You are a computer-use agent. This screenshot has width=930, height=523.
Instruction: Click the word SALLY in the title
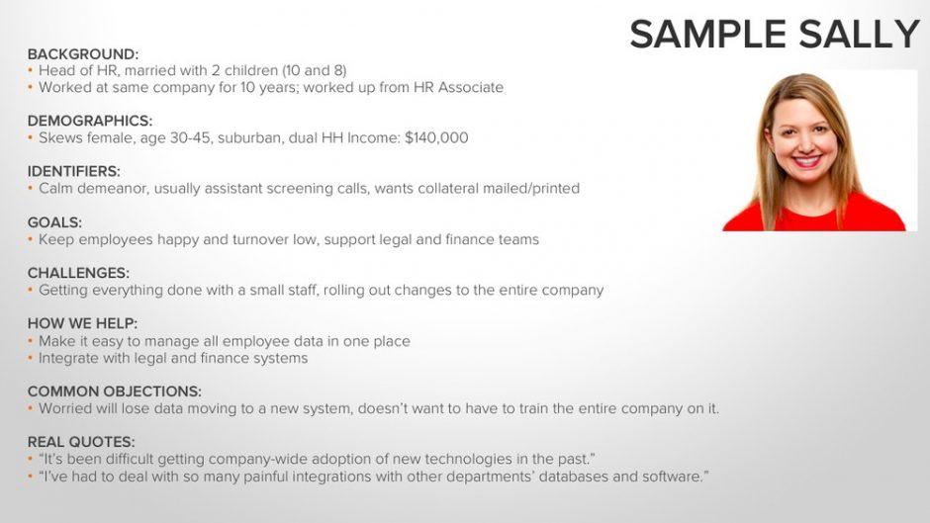coord(859,34)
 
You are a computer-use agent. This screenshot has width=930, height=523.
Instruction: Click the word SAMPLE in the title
coord(710,34)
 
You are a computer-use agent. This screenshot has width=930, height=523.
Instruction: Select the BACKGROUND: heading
coord(83,54)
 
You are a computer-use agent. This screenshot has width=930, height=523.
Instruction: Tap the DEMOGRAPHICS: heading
coord(90,121)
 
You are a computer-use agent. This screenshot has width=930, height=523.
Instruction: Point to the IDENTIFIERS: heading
coord(73,171)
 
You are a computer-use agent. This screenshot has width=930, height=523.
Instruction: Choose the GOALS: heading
coord(54,222)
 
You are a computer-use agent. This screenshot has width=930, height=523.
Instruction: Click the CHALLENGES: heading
coord(78,273)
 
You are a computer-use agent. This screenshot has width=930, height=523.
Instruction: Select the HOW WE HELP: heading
coord(82,323)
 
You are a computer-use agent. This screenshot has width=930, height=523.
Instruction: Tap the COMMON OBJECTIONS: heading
coord(115,392)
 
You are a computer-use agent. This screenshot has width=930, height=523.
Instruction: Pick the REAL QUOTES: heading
coord(81,442)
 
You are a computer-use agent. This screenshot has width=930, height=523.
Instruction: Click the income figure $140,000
coord(436,138)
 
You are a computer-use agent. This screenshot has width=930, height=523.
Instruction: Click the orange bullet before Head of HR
coord(31,70)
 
